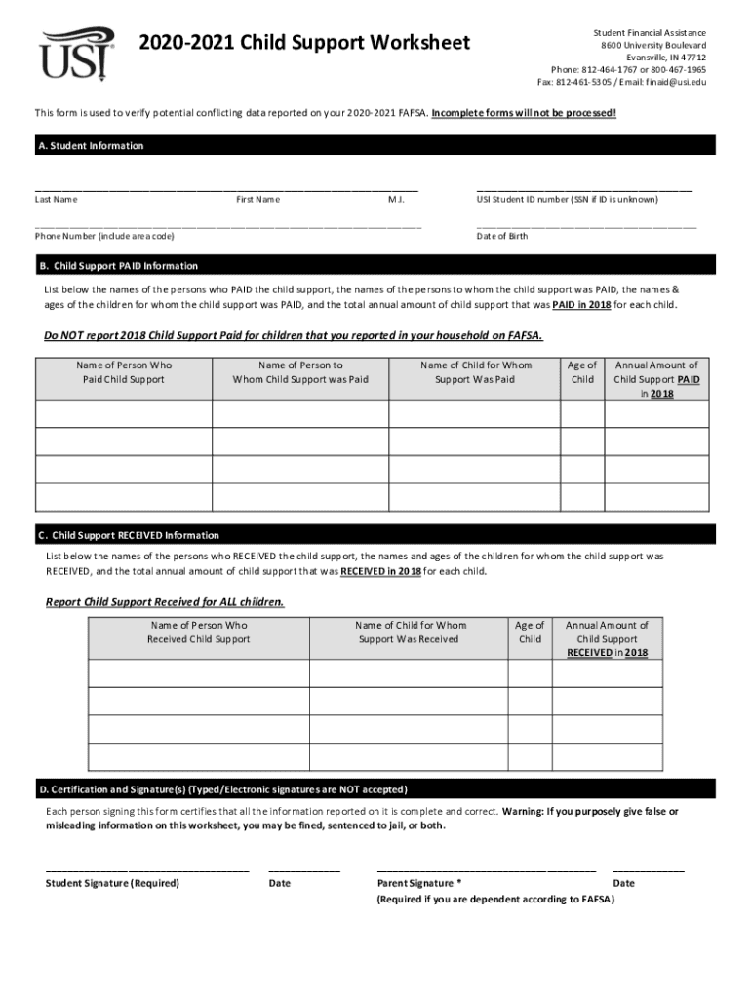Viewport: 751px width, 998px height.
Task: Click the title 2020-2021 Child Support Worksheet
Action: pos(304,43)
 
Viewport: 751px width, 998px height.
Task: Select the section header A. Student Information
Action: pos(90,146)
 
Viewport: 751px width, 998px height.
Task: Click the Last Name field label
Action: pos(57,199)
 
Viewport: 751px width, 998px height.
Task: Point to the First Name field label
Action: pos(257,199)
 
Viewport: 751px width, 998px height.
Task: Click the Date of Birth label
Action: pos(502,236)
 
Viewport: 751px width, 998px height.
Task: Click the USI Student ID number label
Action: pos(567,199)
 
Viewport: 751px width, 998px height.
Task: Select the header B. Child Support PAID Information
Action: pos(118,266)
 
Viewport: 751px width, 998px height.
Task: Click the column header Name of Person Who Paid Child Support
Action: pos(123,372)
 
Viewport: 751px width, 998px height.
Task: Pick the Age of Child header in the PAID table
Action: pos(582,372)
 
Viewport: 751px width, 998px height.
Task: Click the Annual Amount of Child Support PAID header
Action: pos(656,379)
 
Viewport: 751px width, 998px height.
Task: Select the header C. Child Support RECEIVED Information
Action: pos(129,535)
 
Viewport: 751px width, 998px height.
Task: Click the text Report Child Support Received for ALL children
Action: pos(165,602)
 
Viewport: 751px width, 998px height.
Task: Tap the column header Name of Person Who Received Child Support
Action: pos(199,632)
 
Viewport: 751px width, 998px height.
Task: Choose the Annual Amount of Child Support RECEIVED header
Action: pos(607,638)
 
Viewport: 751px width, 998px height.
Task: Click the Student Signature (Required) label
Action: pos(112,883)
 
